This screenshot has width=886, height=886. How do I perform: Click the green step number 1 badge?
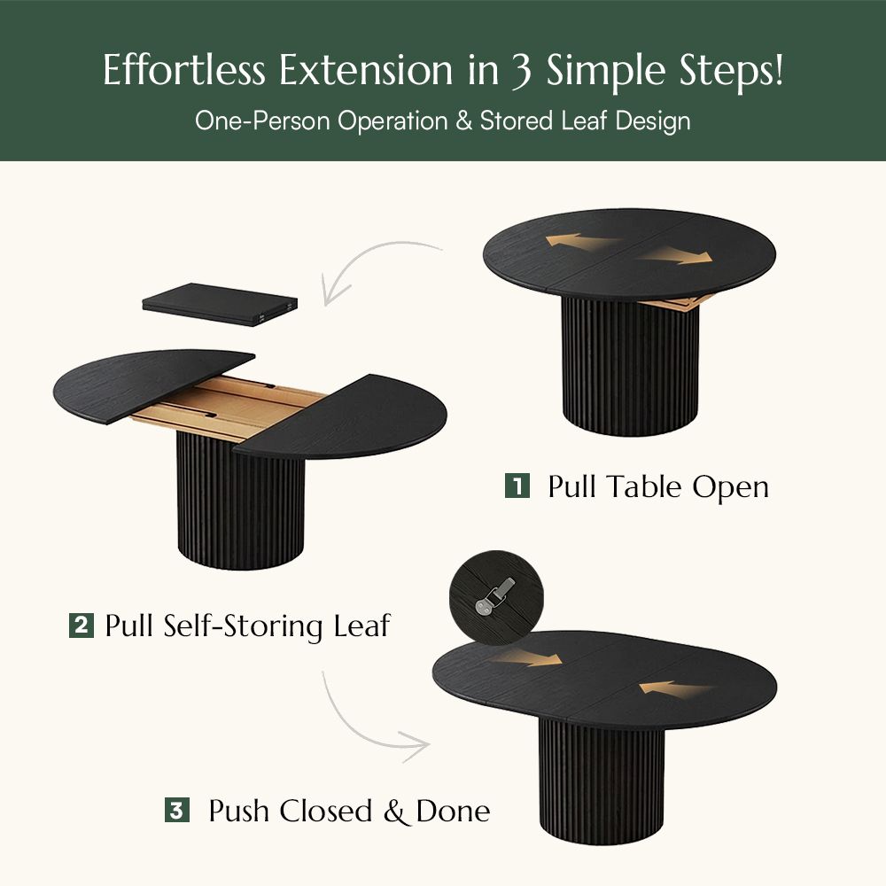pyautogui.click(x=517, y=486)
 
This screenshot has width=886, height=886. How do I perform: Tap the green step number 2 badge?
pyautogui.click(x=81, y=626)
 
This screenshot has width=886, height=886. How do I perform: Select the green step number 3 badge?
pyautogui.click(x=176, y=810)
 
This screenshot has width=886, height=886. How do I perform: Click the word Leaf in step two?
pyautogui.click(x=361, y=626)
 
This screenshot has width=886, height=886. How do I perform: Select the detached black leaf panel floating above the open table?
pyautogui.click(x=219, y=303)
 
